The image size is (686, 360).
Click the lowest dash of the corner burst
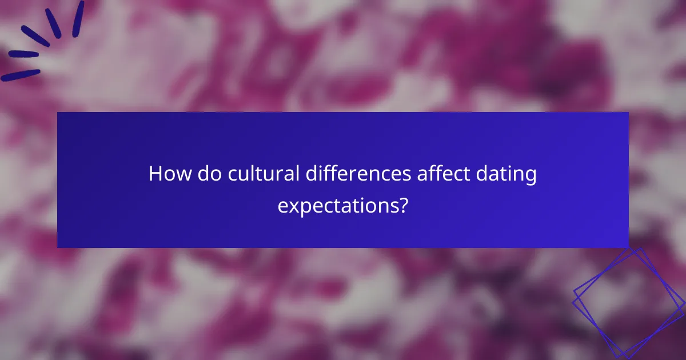coord(21,75)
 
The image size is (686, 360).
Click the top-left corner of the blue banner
coord(57,113)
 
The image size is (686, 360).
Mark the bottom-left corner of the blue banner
coord(57,247)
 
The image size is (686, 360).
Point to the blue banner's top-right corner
coord(628,113)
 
